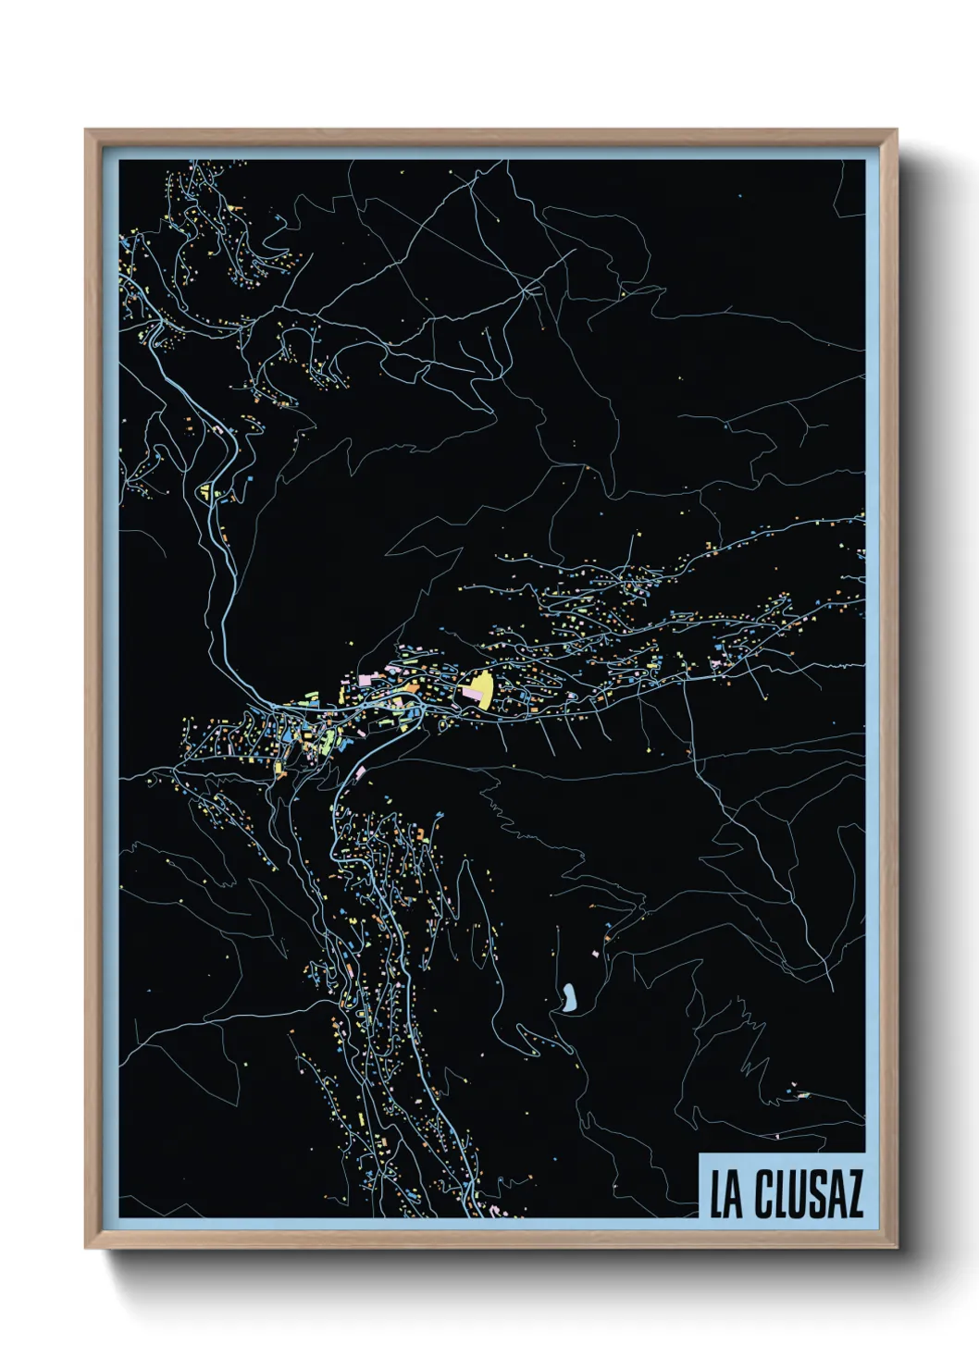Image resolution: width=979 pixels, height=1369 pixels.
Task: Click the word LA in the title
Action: coord(726,1195)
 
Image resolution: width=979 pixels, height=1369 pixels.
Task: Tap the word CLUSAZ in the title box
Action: coord(809,1195)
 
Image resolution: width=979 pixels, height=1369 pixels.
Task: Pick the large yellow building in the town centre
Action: coord(481,689)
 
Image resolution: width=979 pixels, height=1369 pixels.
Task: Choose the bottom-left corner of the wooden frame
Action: coord(87,1247)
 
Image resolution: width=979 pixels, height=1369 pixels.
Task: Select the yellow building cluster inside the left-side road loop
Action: coord(204,490)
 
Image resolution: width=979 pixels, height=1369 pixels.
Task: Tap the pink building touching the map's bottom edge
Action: coord(493,1212)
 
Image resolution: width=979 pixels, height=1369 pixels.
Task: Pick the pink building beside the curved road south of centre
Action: coord(359,771)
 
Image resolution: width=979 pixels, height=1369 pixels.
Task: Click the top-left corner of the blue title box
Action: coord(700,1153)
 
